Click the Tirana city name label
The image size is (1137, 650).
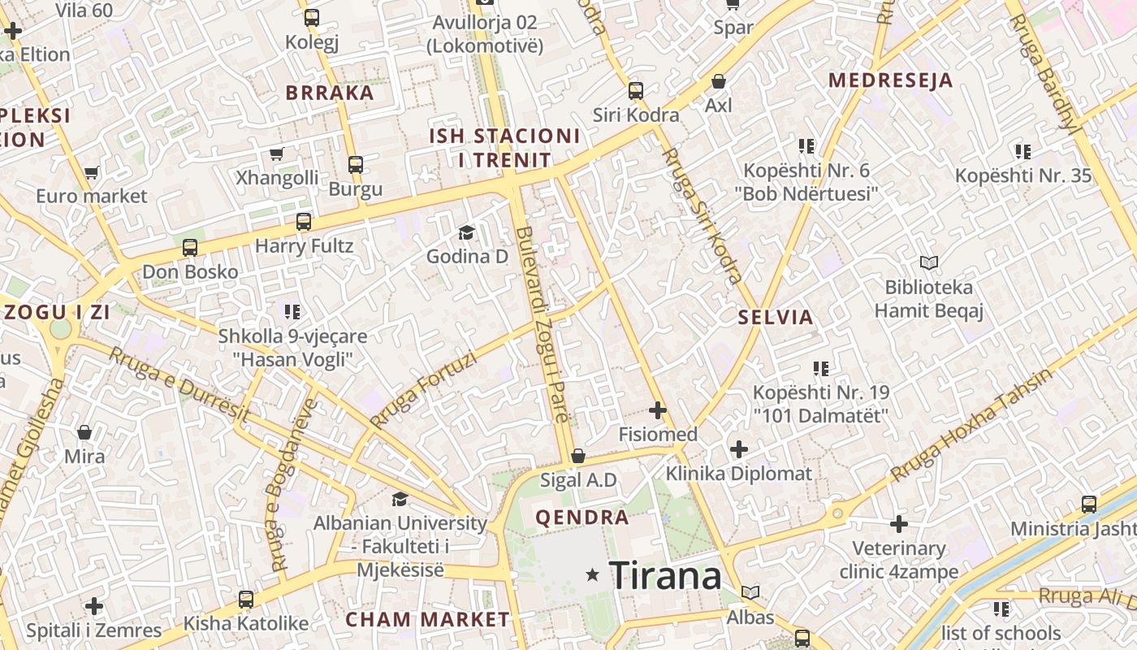point(664,576)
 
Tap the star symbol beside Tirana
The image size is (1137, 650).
point(593,575)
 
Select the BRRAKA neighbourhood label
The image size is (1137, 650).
point(330,93)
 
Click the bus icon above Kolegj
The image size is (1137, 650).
point(311,17)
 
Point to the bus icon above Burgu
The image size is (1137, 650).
point(355,164)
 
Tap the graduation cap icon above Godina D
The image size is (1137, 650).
point(466,233)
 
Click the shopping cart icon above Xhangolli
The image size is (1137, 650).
point(276,154)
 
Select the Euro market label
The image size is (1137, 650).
point(92,196)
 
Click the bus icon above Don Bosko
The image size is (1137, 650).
point(189,247)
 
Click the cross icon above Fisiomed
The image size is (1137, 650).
point(658,410)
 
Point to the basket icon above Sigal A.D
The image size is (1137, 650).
point(578,456)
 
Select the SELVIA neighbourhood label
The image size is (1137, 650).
point(776,318)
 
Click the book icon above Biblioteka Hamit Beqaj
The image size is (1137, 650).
point(929,262)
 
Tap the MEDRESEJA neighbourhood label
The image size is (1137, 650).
point(890,80)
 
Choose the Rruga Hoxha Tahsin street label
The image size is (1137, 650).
point(971,424)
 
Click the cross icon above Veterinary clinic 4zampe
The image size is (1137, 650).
point(899,524)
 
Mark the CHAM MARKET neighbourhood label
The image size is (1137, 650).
point(427,619)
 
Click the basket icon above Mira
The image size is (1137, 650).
point(84,431)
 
